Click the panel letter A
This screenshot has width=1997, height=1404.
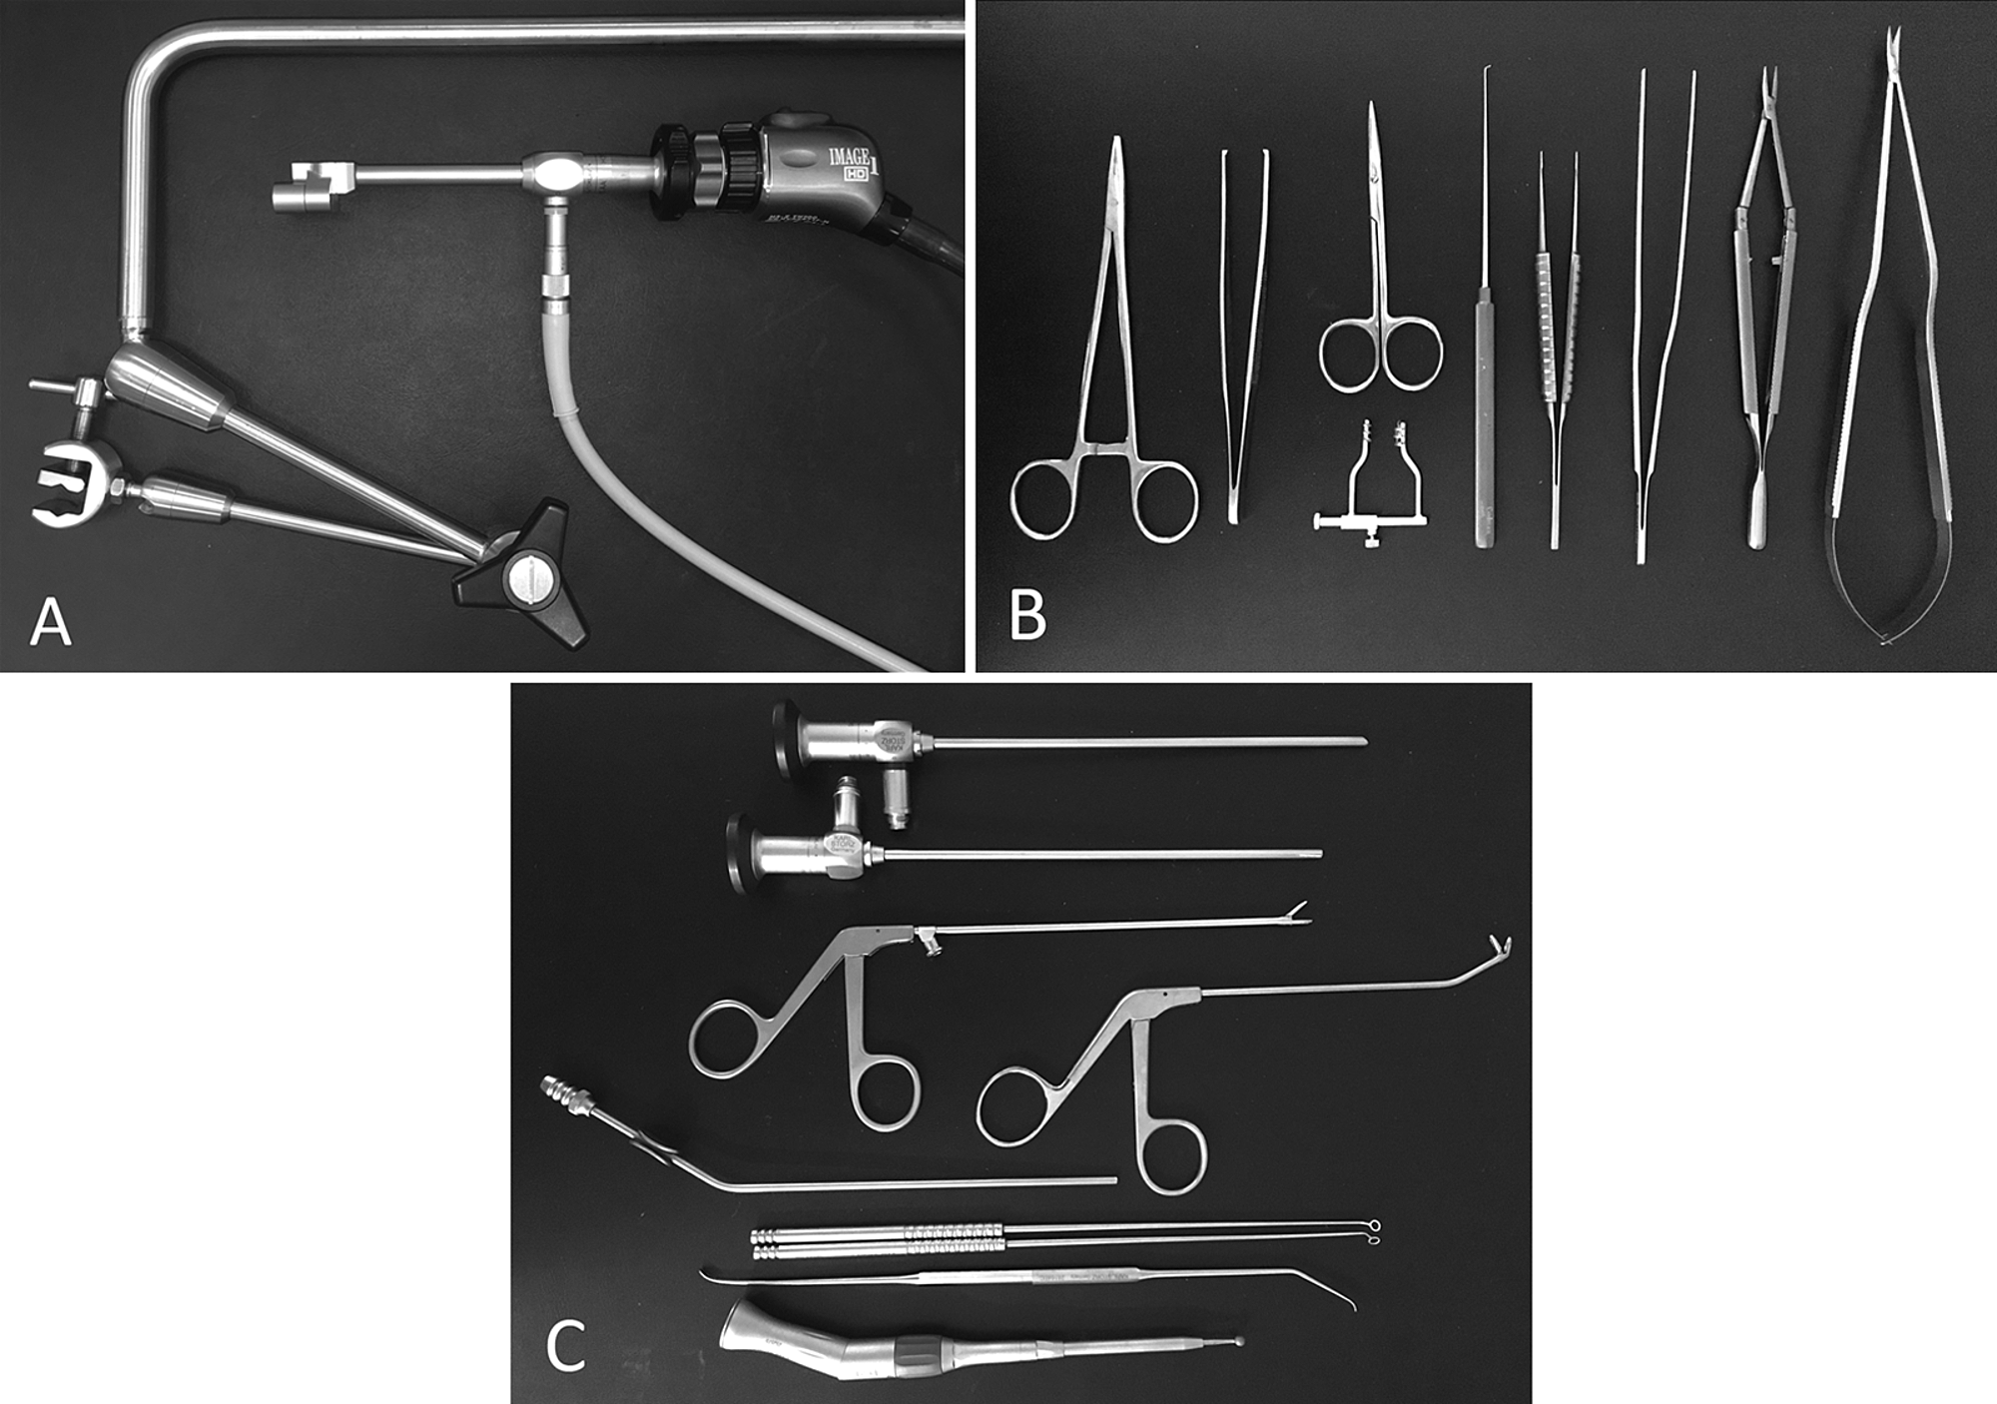tap(50, 623)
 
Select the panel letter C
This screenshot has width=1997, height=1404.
tap(565, 1346)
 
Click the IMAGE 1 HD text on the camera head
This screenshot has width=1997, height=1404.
tap(850, 162)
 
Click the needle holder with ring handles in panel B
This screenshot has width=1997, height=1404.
tap(1104, 399)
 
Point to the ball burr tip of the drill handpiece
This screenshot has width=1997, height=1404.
tap(1240, 1342)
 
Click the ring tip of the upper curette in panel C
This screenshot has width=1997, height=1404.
tap(1374, 1225)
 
